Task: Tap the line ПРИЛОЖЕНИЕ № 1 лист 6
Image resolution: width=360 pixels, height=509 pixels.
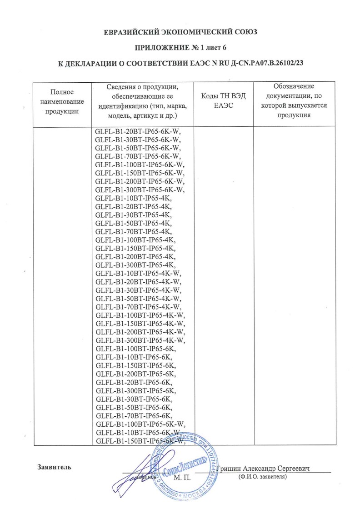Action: click(x=180, y=48)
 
